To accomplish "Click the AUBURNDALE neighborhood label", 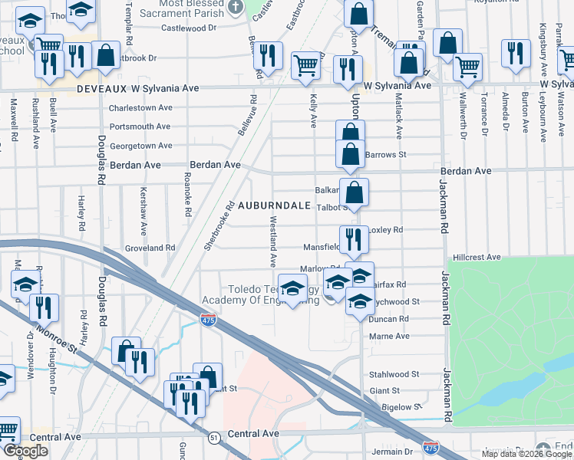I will pos(274,205).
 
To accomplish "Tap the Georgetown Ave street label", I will pos(140,146).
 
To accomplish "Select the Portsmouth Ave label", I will pos(140,127).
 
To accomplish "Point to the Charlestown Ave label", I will pos(140,107).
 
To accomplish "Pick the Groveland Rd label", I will pos(150,248).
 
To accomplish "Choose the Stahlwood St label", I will pos(394,375).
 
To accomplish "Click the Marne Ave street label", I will pos(389,336).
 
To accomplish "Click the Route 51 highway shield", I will pos(213,436).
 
